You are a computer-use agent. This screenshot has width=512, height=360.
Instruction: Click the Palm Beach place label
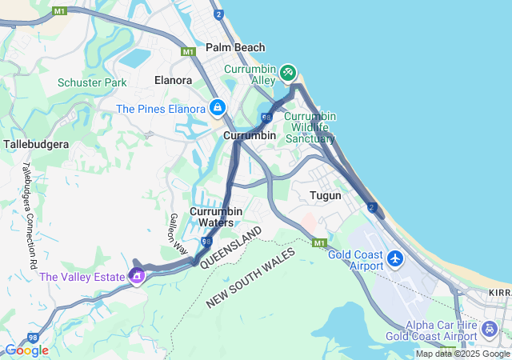tap(235, 47)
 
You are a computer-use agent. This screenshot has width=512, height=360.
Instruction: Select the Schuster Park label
tap(92, 82)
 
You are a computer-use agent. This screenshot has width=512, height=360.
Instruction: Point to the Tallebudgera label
tap(37, 144)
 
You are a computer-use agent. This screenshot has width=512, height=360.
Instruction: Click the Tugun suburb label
tap(326, 195)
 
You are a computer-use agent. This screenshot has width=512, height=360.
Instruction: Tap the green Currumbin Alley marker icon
tap(287, 74)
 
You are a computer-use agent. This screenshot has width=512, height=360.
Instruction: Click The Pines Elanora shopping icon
tap(218, 107)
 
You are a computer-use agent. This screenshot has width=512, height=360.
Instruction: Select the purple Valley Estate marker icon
tap(136, 277)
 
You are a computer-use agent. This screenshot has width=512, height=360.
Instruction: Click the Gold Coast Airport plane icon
tap(395, 259)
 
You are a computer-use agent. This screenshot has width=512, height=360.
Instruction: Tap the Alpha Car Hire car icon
tap(490, 328)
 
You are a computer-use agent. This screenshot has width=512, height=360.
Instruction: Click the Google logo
tap(26, 350)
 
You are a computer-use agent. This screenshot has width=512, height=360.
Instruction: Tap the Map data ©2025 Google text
tap(462, 354)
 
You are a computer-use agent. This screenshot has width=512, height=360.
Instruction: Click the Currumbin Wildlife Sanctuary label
tap(310, 127)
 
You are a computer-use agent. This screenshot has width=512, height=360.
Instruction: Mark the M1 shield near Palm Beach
tap(189, 51)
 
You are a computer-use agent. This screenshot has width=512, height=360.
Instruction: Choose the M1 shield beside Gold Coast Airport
tap(320, 242)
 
